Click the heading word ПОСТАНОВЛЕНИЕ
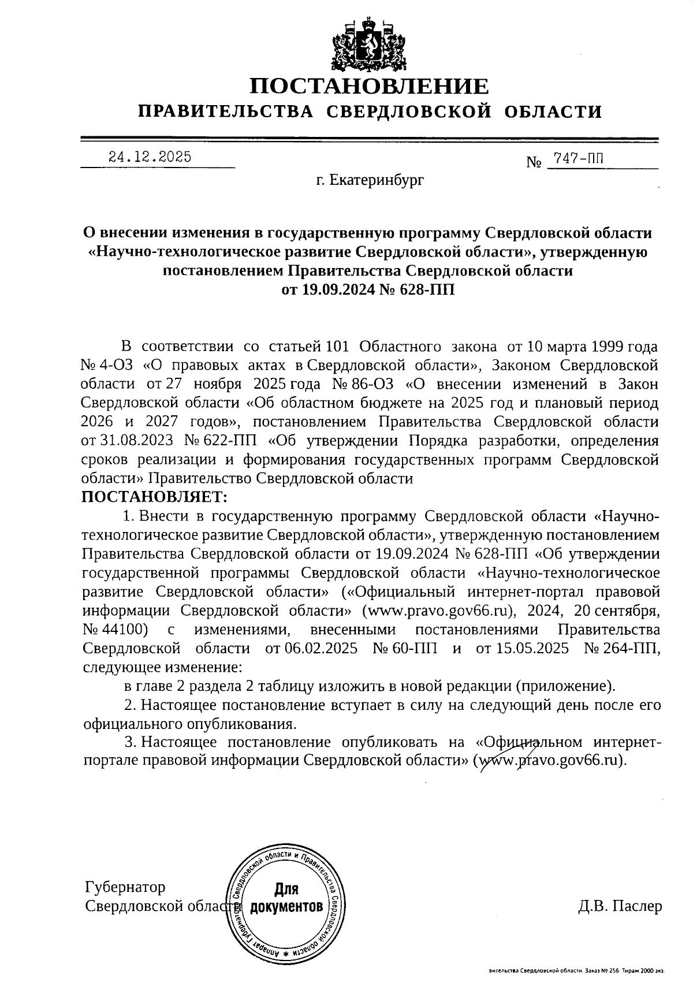[x=369, y=87]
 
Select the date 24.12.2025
[x=151, y=157]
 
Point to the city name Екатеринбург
[x=370, y=180]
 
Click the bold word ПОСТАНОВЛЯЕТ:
[x=155, y=496]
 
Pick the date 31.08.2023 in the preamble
[x=136, y=441]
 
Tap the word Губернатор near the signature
[x=125, y=887]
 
